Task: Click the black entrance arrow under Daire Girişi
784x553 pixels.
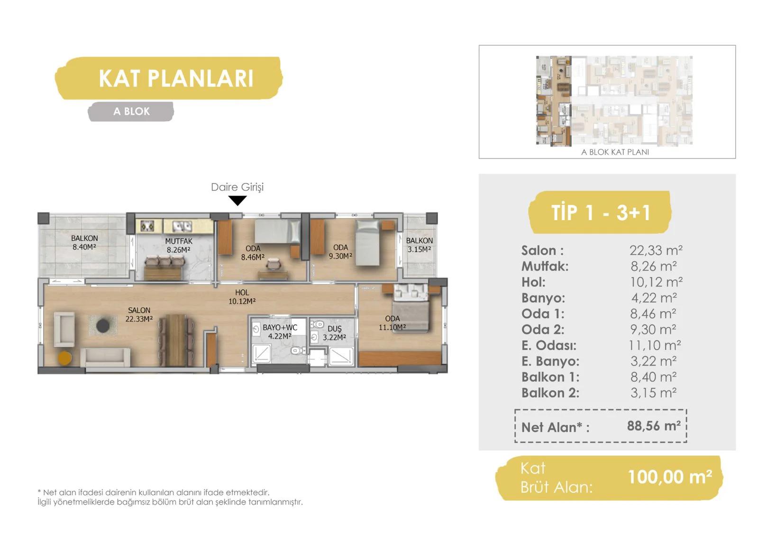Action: pyautogui.click(x=237, y=200)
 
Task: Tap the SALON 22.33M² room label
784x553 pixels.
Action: pyautogui.click(x=139, y=314)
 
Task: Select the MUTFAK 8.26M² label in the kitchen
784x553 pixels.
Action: pyautogui.click(x=179, y=246)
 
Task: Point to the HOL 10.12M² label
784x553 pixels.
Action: pyautogui.click(x=242, y=296)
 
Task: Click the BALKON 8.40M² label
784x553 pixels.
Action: pyautogui.click(x=84, y=242)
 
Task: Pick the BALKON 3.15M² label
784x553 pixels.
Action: pyautogui.click(x=419, y=245)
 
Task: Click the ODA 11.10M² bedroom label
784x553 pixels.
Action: pyautogui.click(x=392, y=323)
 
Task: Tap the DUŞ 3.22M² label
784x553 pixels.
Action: pyautogui.click(x=334, y=333)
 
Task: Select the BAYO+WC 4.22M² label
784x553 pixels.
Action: pyautogui.click(x=280, y=332)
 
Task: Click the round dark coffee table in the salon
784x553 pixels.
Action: pyautogui.click(x=103, y=325)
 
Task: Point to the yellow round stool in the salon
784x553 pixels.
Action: pyautogui.click(x=65, y=358)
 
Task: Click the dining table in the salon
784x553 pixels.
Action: pyautogui.click(x=176, y=340)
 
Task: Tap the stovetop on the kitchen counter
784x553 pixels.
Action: pyautogui.click(x=147, y=226)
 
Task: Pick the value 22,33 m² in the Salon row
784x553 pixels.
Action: pyautogui.click(x=656, y=250)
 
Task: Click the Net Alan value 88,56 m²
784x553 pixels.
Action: pyautogui.click(x=654, y=426)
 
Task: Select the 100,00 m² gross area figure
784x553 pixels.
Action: pyautogui.click(x=670, y=477)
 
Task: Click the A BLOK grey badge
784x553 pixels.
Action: pyautogui.click(x=131, y=112)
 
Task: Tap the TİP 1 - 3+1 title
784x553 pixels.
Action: pyautogui.click(x=601, y=212)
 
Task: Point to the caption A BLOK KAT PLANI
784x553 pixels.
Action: pyautogui.click(x=615, y=152)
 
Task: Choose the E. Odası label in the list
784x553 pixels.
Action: pyautogui.click(x=549, y=345)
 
